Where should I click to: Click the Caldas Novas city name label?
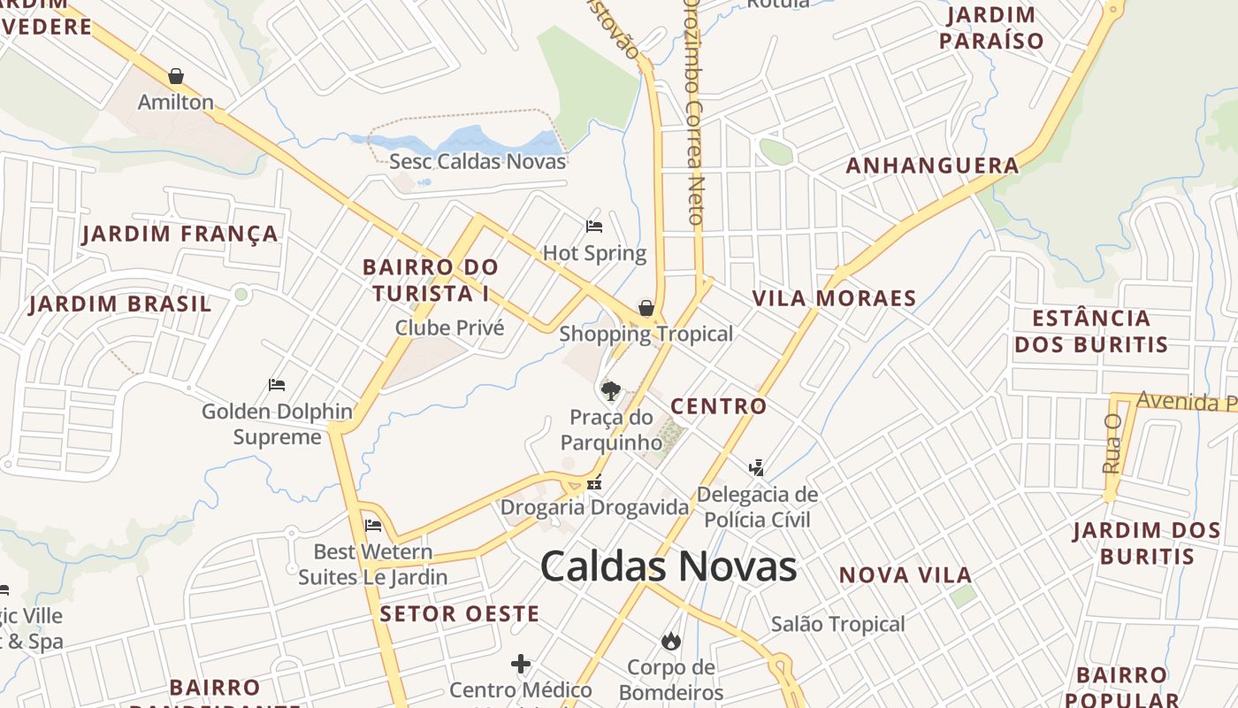(x=668, y=566)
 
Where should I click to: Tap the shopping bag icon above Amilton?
(x=176, y=76)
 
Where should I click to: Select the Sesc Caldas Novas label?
(x=478, y=161)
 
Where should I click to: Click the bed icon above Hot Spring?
(x=594, y=227)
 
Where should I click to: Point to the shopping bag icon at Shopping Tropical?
(x=646, y=308)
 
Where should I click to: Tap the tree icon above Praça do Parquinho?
(x=610, y=390)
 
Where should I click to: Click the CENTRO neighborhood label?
(x=718, y=406)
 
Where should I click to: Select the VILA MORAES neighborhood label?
(x=834, y=298)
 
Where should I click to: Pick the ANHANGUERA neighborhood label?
(x=932, y=165)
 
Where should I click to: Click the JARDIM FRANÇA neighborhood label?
(x=180, y=234)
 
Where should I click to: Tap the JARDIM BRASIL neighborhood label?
(x=120, y=304)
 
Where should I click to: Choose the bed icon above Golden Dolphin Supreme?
(x=277, y=385)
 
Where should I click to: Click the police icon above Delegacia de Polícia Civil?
(x=756, y=467)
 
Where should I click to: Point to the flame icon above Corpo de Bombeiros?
(x=671, y=640)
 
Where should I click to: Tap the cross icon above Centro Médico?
(x=521, y=663)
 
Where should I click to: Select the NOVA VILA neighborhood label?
(x=906, y=575)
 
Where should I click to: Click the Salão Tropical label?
(x=837, y=624)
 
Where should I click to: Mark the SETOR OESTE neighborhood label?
(x=459, y=613)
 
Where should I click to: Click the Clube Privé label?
(x=449, y=327)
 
